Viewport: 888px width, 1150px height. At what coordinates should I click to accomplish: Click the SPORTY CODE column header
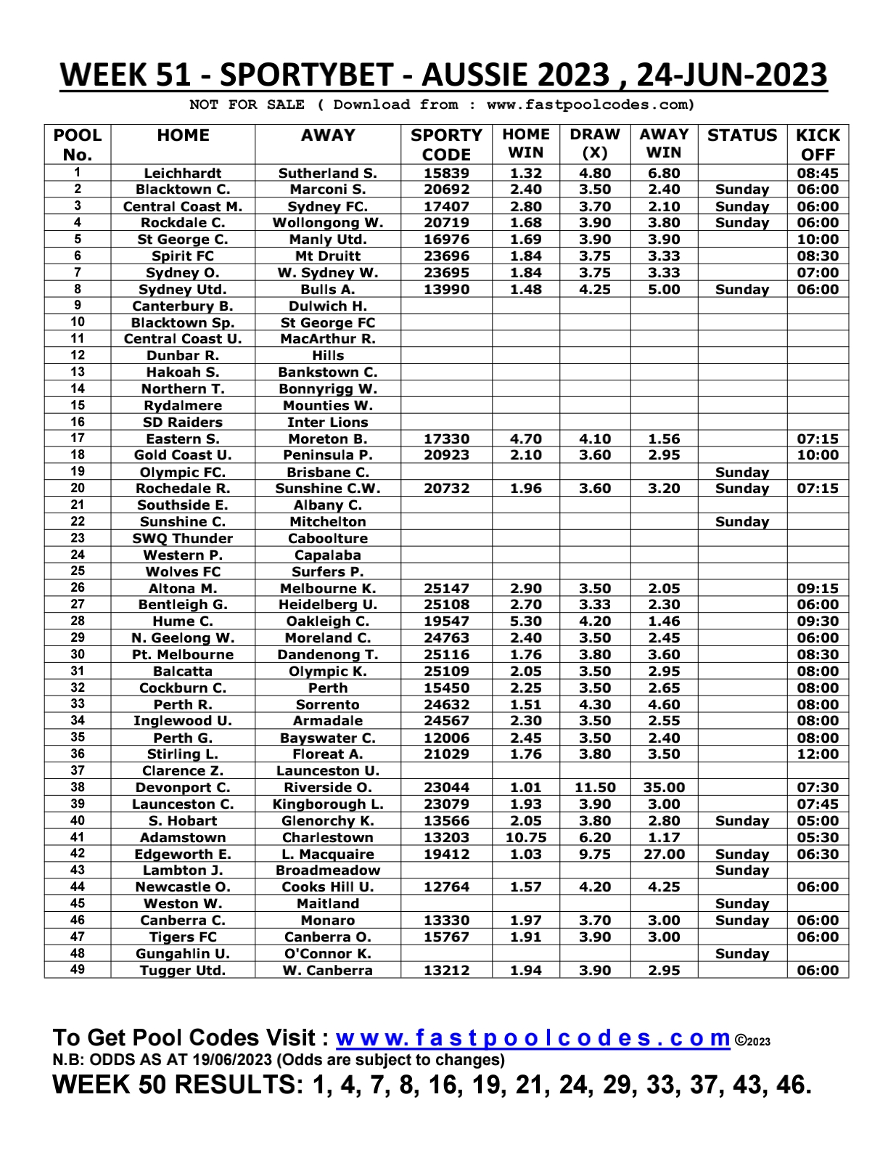tap(446, 144)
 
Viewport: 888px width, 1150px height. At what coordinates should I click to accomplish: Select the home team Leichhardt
tap(182, 174)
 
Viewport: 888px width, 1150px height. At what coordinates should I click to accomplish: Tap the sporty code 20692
tap(446, 189)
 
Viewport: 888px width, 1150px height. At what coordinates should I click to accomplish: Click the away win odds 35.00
tap(664, 788)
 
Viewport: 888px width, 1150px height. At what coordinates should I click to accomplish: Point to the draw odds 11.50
tap(594, 788)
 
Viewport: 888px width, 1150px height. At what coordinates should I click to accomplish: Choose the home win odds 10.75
tap(525, 838)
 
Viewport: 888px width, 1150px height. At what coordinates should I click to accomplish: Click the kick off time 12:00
tap(818, 754)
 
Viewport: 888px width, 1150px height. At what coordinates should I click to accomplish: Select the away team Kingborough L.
tap(327, 804)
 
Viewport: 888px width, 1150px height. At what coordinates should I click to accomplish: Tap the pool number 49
tap(78, 970)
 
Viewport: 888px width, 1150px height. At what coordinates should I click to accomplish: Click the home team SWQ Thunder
tap(182, 539)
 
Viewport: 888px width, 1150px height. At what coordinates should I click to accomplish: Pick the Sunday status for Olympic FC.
tap(741, 473)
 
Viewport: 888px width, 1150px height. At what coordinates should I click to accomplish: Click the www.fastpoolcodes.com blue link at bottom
tap(533, 1037)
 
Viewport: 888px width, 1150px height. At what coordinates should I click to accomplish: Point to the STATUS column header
tap(741, 136)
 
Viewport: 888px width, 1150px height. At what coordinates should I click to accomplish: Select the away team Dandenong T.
tap(327, 655)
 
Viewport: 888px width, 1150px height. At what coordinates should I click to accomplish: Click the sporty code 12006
tap(446, 738)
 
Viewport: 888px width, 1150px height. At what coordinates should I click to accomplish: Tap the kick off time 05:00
tap(818, 821)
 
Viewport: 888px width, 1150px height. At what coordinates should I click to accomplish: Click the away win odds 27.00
tap(664, 855)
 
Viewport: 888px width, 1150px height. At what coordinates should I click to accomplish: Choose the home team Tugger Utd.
tap(182, 971)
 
